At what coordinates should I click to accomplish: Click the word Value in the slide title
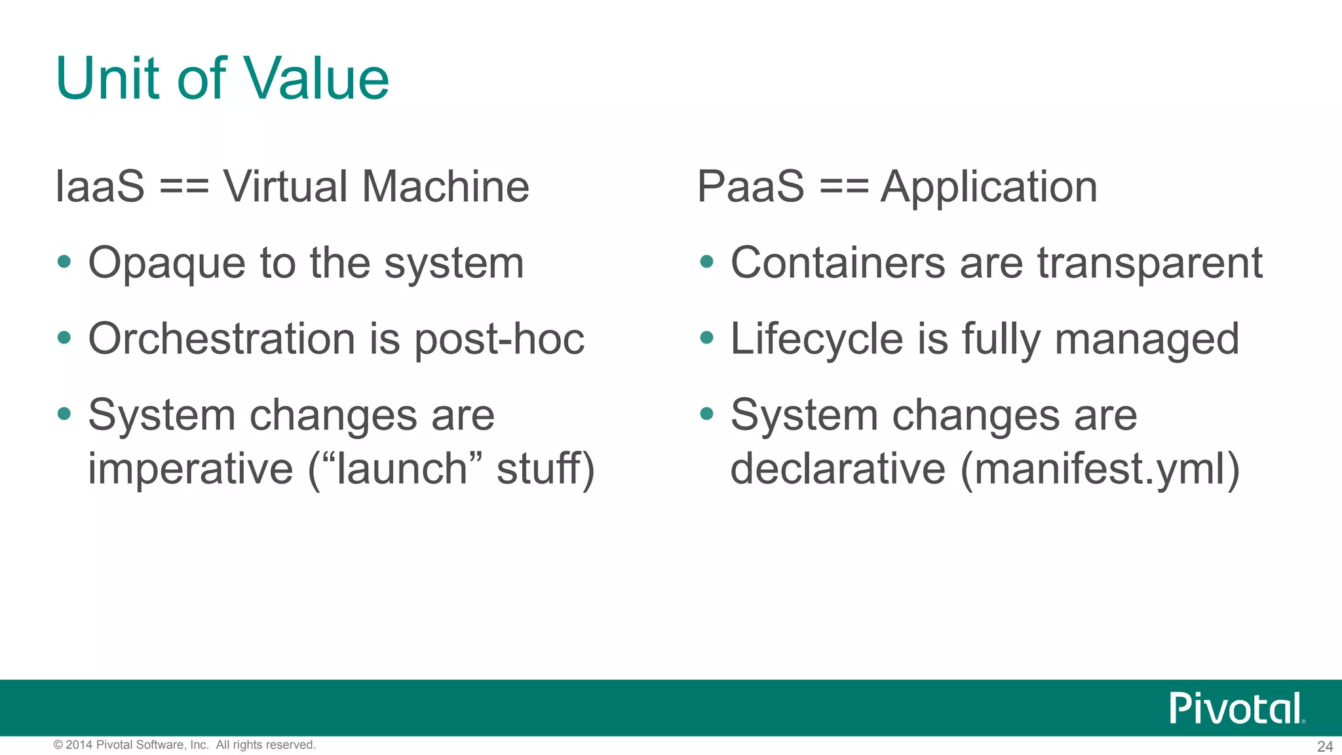[316, 79]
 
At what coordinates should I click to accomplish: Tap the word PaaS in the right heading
[750, 186]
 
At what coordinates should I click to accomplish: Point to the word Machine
[445, 186]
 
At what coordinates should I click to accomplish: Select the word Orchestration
[222, 339]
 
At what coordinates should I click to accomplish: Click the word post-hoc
[499, 340]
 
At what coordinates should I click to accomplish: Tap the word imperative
[190, 469]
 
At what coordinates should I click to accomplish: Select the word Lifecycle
[816, 340]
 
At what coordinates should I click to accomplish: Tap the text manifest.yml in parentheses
[1100, 469]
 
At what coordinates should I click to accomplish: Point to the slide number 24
[1325, 746]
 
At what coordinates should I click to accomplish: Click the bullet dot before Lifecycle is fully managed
[706, 338]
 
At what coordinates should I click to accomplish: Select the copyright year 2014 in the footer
[79, 745]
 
